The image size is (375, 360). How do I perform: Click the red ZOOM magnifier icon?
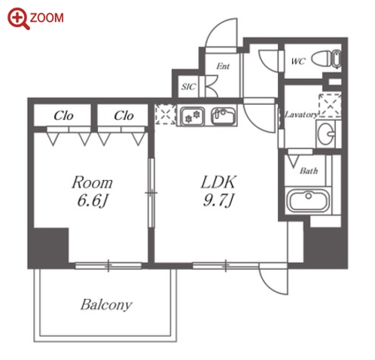click(18, 18)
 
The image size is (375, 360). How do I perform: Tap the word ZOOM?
click(47, 18)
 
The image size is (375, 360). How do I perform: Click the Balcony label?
click(106, 305)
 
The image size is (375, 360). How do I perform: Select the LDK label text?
click(218, 182)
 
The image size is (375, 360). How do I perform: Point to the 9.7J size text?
click(218, 200)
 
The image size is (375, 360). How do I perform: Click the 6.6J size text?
click(93, 200)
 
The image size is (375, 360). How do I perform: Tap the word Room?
click(92, 182)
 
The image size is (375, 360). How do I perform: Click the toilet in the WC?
click(326, 59)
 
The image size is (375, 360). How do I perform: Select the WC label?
click(298, 61)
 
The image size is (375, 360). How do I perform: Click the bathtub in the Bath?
click(308, 200)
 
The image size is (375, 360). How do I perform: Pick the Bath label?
click(309, 171)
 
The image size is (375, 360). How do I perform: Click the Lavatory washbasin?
click(326, 133)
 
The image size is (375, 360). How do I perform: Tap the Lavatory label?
click(301, 114)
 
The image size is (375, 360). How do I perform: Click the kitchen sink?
click(223, 116)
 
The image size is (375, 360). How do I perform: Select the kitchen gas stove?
click(192, 117)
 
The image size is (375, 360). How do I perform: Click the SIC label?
click(188, 87)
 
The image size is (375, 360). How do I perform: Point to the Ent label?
click(223, 66)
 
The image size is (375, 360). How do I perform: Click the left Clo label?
click(63, 116)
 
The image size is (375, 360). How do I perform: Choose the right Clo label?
click(123, 116)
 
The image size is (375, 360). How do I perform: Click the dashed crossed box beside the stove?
click(166, 114)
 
